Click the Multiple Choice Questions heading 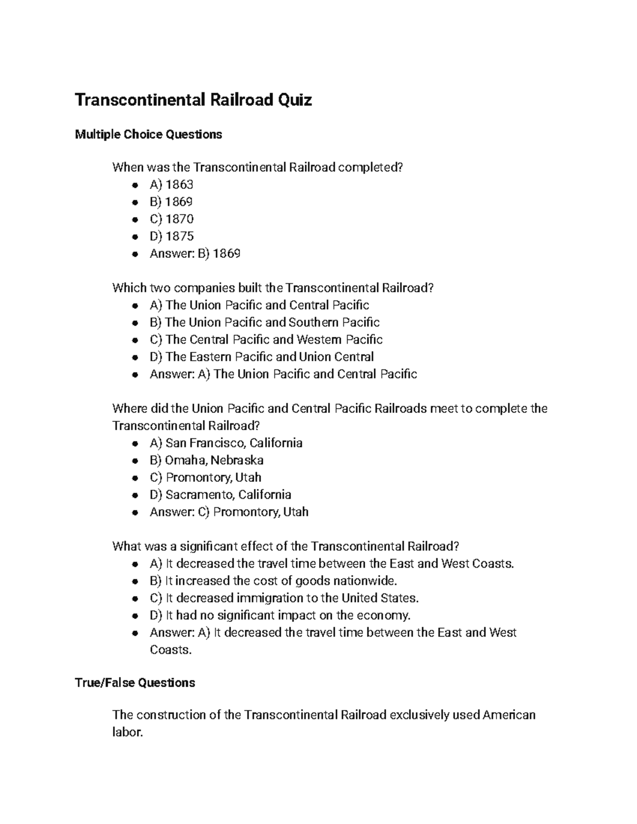click(148, 134)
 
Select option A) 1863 click(171, 185)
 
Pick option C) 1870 click(171, 219)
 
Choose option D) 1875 click(171, 236)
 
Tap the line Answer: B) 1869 click(195, 254)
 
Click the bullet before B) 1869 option click(136, 202)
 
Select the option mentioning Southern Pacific click(264, 323)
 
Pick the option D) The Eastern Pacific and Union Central click(262, 357)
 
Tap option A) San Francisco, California click(226, 443)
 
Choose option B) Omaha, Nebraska click(206, 460)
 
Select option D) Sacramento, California click(220, 495)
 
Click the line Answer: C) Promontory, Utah click(229, 512)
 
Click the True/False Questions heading click(135, 682)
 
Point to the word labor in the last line click(127, 733)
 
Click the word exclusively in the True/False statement click(419, 715)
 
